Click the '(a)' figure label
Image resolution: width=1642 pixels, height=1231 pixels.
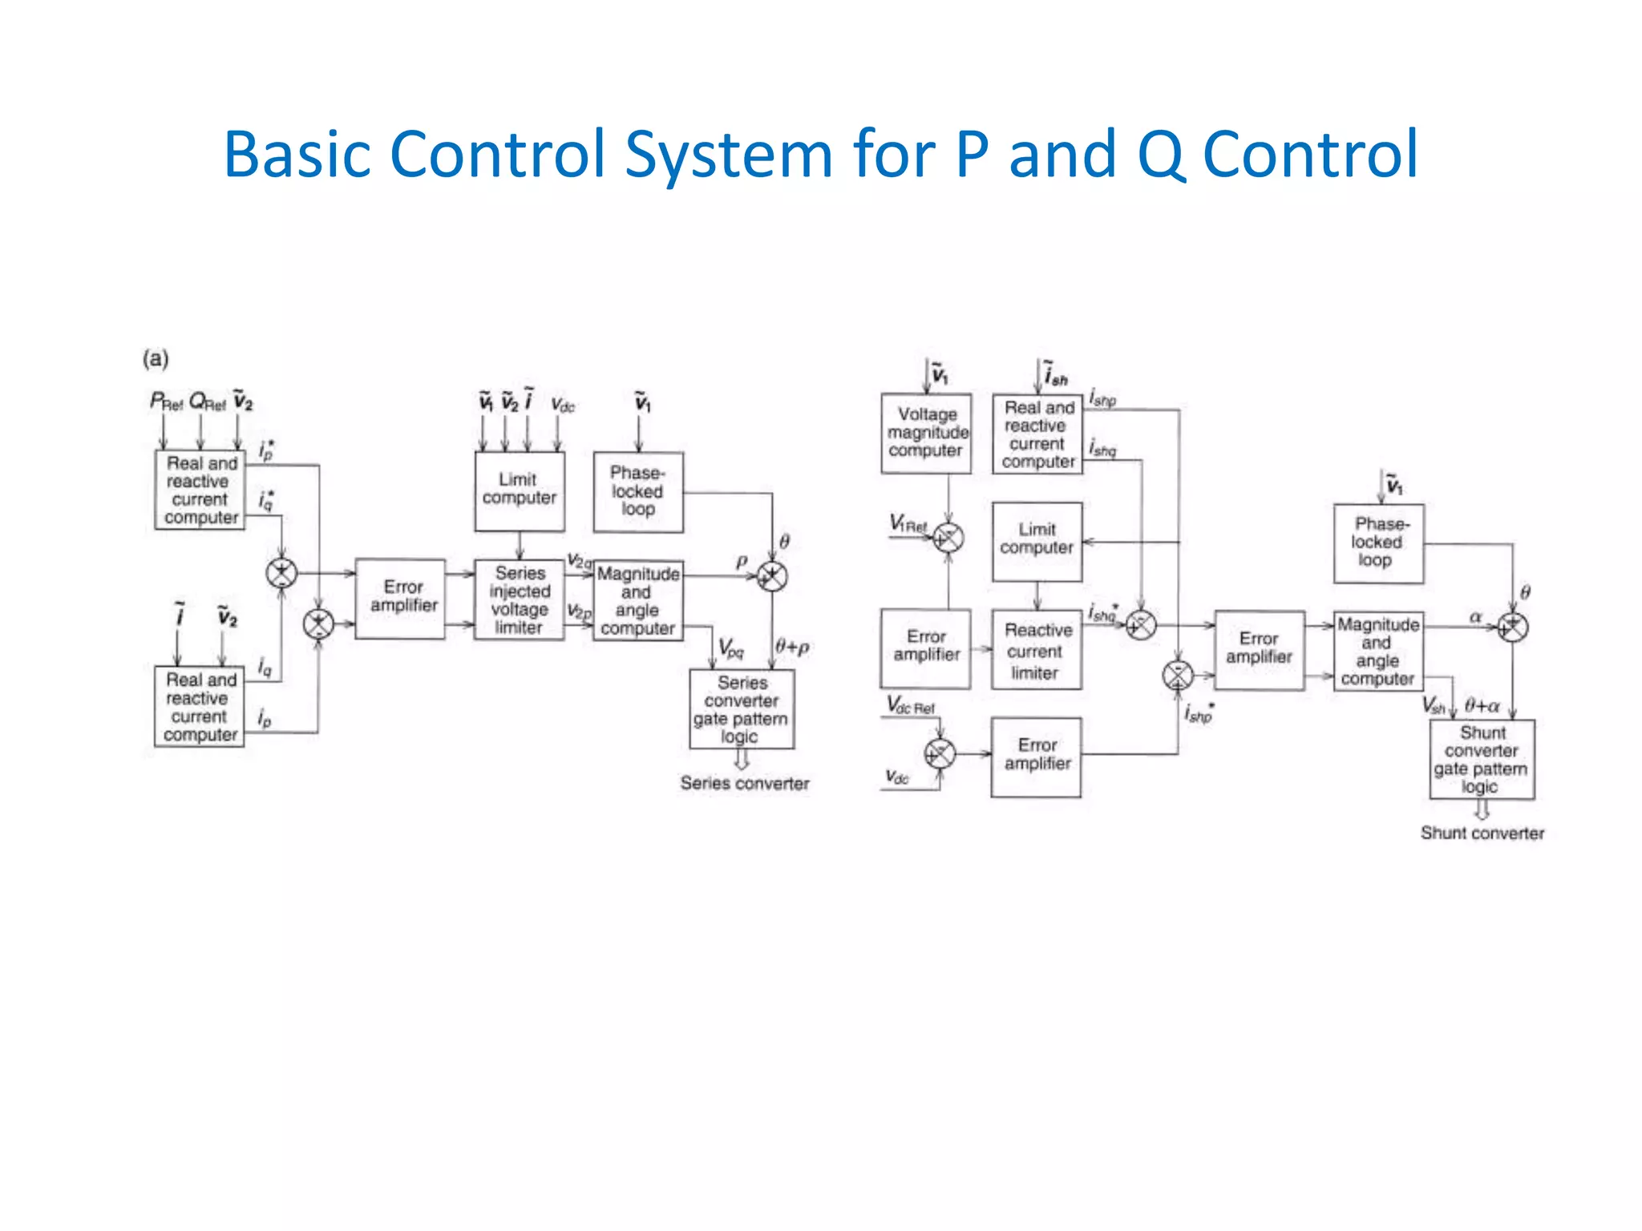click(x=156, y=358)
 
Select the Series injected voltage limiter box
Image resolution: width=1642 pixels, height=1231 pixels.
click(x=520, y=599)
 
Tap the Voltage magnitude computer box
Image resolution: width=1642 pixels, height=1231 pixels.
click(x=926, y=433)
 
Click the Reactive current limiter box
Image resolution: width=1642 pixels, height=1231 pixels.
click(x=1037, y=650)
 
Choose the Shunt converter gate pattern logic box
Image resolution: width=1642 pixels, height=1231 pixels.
click(x=1482, y=759)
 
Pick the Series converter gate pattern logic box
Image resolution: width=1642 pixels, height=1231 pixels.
click(x=742, y=709)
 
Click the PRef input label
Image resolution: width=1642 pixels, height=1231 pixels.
click(x=166, y=401)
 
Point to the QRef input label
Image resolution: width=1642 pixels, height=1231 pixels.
click(x=207, y=401)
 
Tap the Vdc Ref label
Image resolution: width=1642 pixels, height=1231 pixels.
click(x=910, y=706)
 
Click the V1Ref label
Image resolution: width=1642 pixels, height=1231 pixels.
click(x=908, y=524)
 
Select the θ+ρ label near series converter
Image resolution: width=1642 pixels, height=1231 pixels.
click(x=792, y=647)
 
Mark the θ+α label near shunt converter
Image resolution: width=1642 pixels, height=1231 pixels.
click(x=1482, y=706)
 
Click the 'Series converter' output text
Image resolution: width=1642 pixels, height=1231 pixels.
click(x=744, y=783)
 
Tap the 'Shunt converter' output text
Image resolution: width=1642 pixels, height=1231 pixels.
click(x=1482, y=833)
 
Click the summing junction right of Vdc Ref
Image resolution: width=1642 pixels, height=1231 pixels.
click(x=940, y=753)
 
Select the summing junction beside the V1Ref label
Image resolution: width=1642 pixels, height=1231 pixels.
click(x=948, y=538)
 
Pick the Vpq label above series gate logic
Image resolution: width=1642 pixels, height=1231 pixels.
click(x=730, y=648)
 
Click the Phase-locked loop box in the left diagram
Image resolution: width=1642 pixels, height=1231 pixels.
click(x=638, y=491)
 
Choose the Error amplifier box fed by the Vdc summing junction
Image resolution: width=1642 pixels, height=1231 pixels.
click(x=1036, y=756)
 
